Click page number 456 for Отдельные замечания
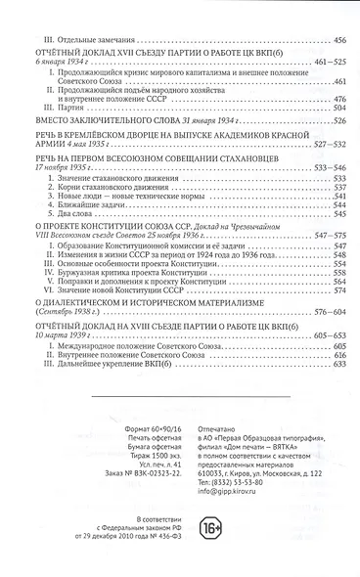coord(340,12)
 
